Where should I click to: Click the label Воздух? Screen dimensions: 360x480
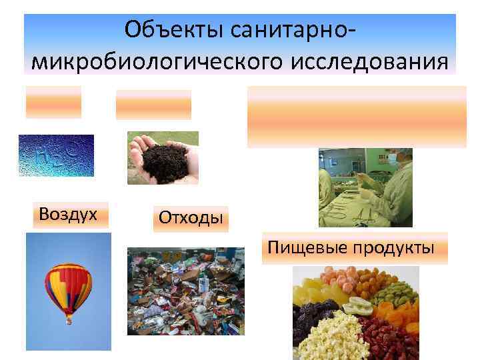pyautogui.click(x=68, y=214)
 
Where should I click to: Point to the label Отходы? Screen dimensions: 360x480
pyautogui.click(x=190, y=217)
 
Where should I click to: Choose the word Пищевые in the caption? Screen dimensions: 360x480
pyautogui.click(x=301, y=248)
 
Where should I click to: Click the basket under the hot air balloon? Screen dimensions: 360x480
pyautogui.click(x=68, y=321)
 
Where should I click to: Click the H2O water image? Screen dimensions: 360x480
pyautogui.click(x=56, y=155)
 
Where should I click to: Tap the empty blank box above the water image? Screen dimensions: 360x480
pyautogui.click(x=54, y=102)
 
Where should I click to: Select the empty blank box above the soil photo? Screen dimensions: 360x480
pyautogui.click(x=153, y=104)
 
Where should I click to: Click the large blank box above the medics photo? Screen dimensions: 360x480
pyautogui.click(x=357, y=116)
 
